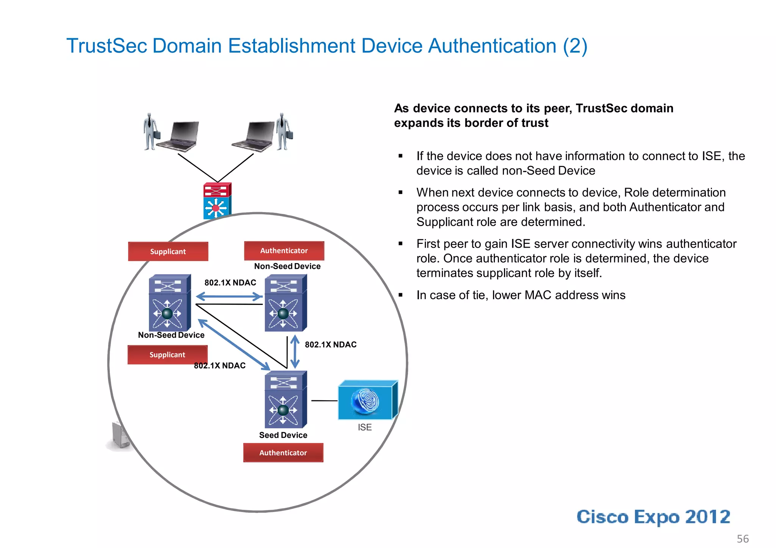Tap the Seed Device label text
pos(283,435)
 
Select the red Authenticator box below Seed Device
pos(283,453)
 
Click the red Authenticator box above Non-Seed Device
pos(284,251)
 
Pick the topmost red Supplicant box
pos(168,251)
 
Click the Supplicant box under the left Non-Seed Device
pos(167,355)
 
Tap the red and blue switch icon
pos(217,200)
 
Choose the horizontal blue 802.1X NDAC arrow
pos(229,297)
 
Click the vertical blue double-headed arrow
pos(295,352)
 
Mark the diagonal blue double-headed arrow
pos(234,345)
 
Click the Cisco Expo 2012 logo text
pos(653,517)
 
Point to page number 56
pos(742,539)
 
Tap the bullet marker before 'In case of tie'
pos(401,295)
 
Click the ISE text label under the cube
pos(365,427)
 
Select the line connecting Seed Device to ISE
pos(324,400)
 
